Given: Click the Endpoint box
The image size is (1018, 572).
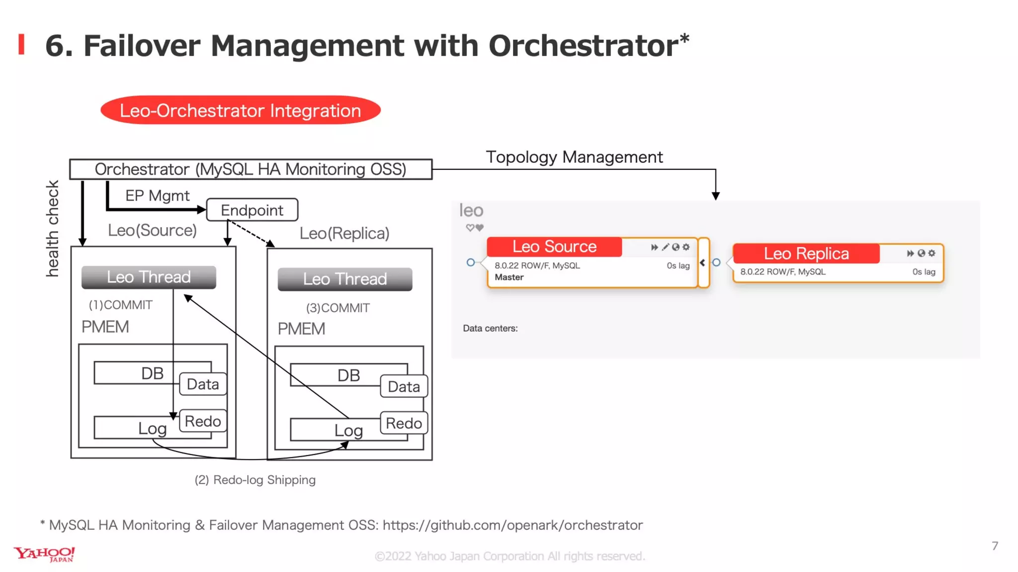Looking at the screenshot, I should [252, 210].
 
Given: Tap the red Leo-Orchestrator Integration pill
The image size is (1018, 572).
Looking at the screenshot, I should [241, 110].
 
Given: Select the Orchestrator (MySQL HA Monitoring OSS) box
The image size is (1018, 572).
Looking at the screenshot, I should [251, 169].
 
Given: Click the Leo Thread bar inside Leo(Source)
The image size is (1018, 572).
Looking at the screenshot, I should [149, 277].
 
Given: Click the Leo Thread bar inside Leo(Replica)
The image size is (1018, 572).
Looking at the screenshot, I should [345, 279].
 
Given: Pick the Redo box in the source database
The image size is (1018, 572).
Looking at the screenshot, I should [203, 421].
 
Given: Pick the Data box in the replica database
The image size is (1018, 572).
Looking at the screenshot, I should [404, 387].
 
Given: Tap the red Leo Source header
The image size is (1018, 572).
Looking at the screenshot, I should [554, 247].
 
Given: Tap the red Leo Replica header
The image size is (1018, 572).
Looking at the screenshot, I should [806, 254].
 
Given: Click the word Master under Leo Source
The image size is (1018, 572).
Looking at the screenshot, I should [509, 278].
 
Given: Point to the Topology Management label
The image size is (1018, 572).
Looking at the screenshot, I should [574, 157].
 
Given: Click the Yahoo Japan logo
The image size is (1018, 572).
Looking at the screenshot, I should [45, 554].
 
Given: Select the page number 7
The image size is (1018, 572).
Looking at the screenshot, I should [995, 546].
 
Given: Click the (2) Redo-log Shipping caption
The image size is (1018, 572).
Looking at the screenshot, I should [255, 480].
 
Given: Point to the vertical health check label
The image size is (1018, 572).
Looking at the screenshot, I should [52, 228].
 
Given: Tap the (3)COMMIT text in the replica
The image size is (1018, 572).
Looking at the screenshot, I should [338, 308].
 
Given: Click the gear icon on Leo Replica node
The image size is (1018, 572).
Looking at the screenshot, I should [932, 253].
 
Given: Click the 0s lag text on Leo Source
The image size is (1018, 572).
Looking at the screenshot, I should [678, 266].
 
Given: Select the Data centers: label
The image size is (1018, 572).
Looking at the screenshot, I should [490, 328].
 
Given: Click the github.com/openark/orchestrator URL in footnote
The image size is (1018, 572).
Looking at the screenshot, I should [512, 525].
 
